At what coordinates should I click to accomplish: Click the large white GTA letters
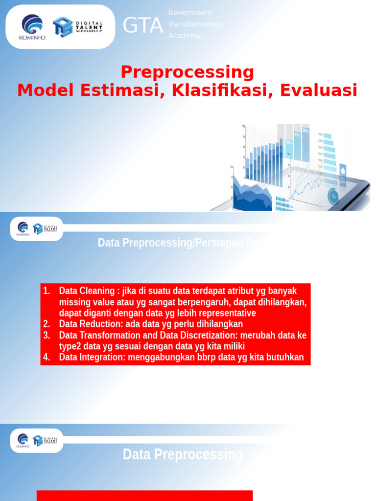point(142,25)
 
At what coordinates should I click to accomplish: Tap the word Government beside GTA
point(190,12)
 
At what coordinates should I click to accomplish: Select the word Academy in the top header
point(185,36)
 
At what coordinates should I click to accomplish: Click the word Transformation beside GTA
point(195,24)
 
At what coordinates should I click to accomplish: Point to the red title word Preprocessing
point(188,72)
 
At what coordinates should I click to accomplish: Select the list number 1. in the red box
point(47,291)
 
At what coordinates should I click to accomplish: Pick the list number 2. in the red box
point(47,324)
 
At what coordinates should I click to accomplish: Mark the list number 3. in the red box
point(47,335)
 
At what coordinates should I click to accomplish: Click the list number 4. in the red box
point(47,357)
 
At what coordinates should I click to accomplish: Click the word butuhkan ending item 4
point(284,357)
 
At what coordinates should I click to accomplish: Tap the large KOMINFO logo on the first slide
point(32,27)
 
